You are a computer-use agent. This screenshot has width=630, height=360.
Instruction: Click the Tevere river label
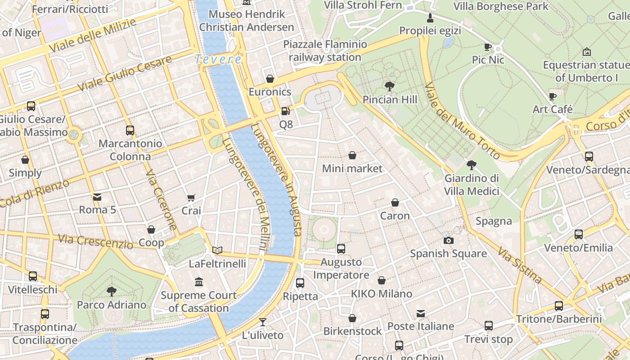tap(218, 59)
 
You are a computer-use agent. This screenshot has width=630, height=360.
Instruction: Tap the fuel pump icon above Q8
tap(285, 111)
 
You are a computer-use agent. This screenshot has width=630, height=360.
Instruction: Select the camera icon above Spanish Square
tap(448, 240)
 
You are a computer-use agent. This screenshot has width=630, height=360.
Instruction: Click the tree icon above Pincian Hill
tap(390, 86)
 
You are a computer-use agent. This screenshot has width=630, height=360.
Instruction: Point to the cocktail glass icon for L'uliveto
tap(263, 322)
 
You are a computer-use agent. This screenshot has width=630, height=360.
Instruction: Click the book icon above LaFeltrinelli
tap(217, 250)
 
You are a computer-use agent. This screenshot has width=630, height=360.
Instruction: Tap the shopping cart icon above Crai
tap(191, 198)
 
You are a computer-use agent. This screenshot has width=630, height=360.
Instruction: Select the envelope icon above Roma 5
tap(97, 197)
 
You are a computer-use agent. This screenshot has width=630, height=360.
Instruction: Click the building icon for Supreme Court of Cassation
tap(199, 282)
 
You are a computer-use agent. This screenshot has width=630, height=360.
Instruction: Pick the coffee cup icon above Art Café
tap(553, 96)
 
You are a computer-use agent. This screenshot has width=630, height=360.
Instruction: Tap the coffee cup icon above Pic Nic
tap(488, 47)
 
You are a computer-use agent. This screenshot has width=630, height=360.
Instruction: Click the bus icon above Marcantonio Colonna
tap(130, 130)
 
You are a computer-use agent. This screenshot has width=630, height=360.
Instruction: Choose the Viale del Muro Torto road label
tap(462, 121)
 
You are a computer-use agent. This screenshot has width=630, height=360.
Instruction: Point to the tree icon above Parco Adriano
tap(111, 292)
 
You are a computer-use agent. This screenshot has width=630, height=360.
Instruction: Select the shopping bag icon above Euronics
tap(270, 79)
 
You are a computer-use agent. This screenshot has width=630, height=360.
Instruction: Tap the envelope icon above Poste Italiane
tap(421, 313)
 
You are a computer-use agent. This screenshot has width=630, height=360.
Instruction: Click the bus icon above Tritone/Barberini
tap(559, 306)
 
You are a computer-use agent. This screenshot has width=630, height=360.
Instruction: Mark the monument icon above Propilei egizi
tap(430, 18)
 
